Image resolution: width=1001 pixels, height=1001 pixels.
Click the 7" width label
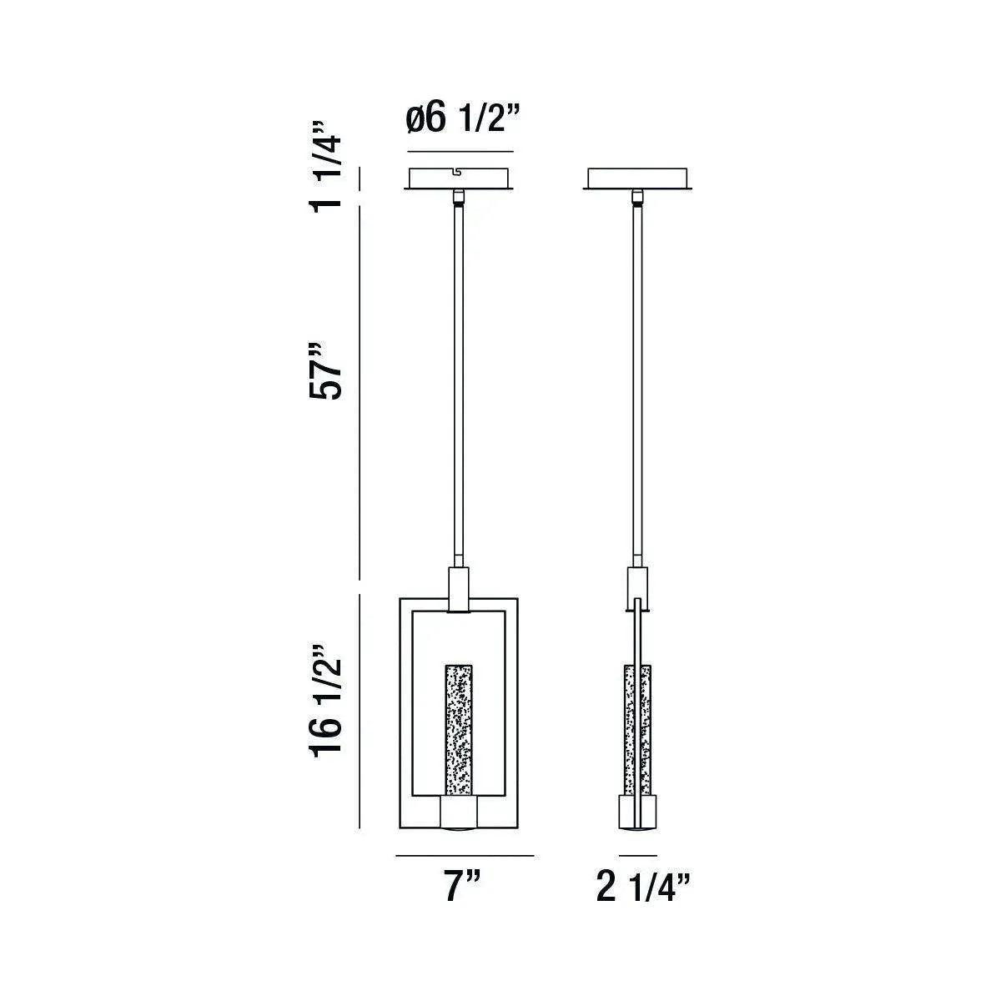[462, 885]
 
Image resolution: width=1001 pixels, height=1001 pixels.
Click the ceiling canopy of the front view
[459, 179]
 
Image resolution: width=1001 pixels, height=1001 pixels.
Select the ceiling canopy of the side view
[638, 179]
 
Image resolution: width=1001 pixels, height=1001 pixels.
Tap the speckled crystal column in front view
[457, 730]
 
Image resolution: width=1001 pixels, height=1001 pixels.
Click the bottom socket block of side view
[638, 812]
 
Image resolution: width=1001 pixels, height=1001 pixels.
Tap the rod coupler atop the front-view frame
[459, 589]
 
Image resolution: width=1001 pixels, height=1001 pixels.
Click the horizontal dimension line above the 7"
[464, 856]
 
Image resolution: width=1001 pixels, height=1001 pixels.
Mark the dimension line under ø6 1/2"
[460, 152]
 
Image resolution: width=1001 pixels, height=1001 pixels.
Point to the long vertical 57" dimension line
[360, 392]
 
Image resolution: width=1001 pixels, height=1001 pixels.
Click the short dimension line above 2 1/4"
[638, 856]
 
